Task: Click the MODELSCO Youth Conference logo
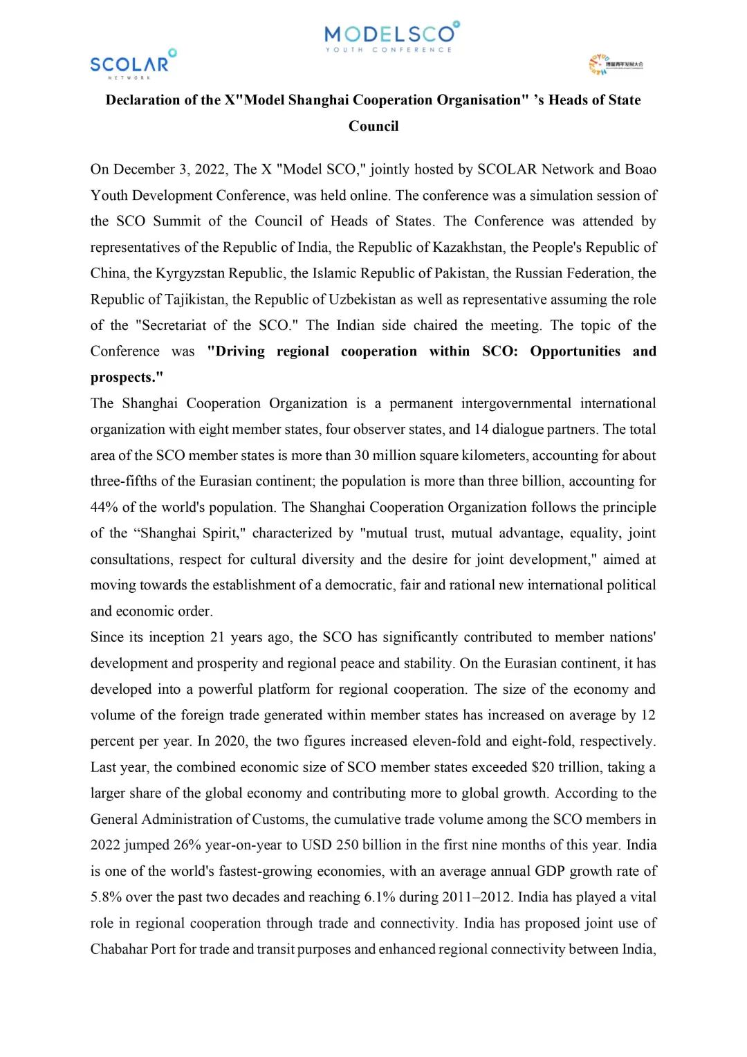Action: click(391, 37)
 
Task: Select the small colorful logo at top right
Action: click(615, 64)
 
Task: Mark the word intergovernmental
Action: click(516, 404)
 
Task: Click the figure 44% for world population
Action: click(104, 508)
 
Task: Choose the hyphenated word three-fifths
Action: click(124, 481)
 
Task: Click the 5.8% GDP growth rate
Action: click(106, 897)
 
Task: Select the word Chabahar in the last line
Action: click(118, 950)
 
